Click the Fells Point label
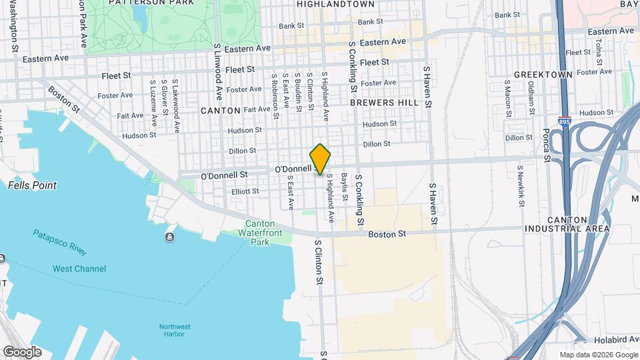point(32,185)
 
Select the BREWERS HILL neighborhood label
point(384,103)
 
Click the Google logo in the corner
point(22,351)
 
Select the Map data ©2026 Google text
point(598,355)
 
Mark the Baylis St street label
point(345,187)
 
